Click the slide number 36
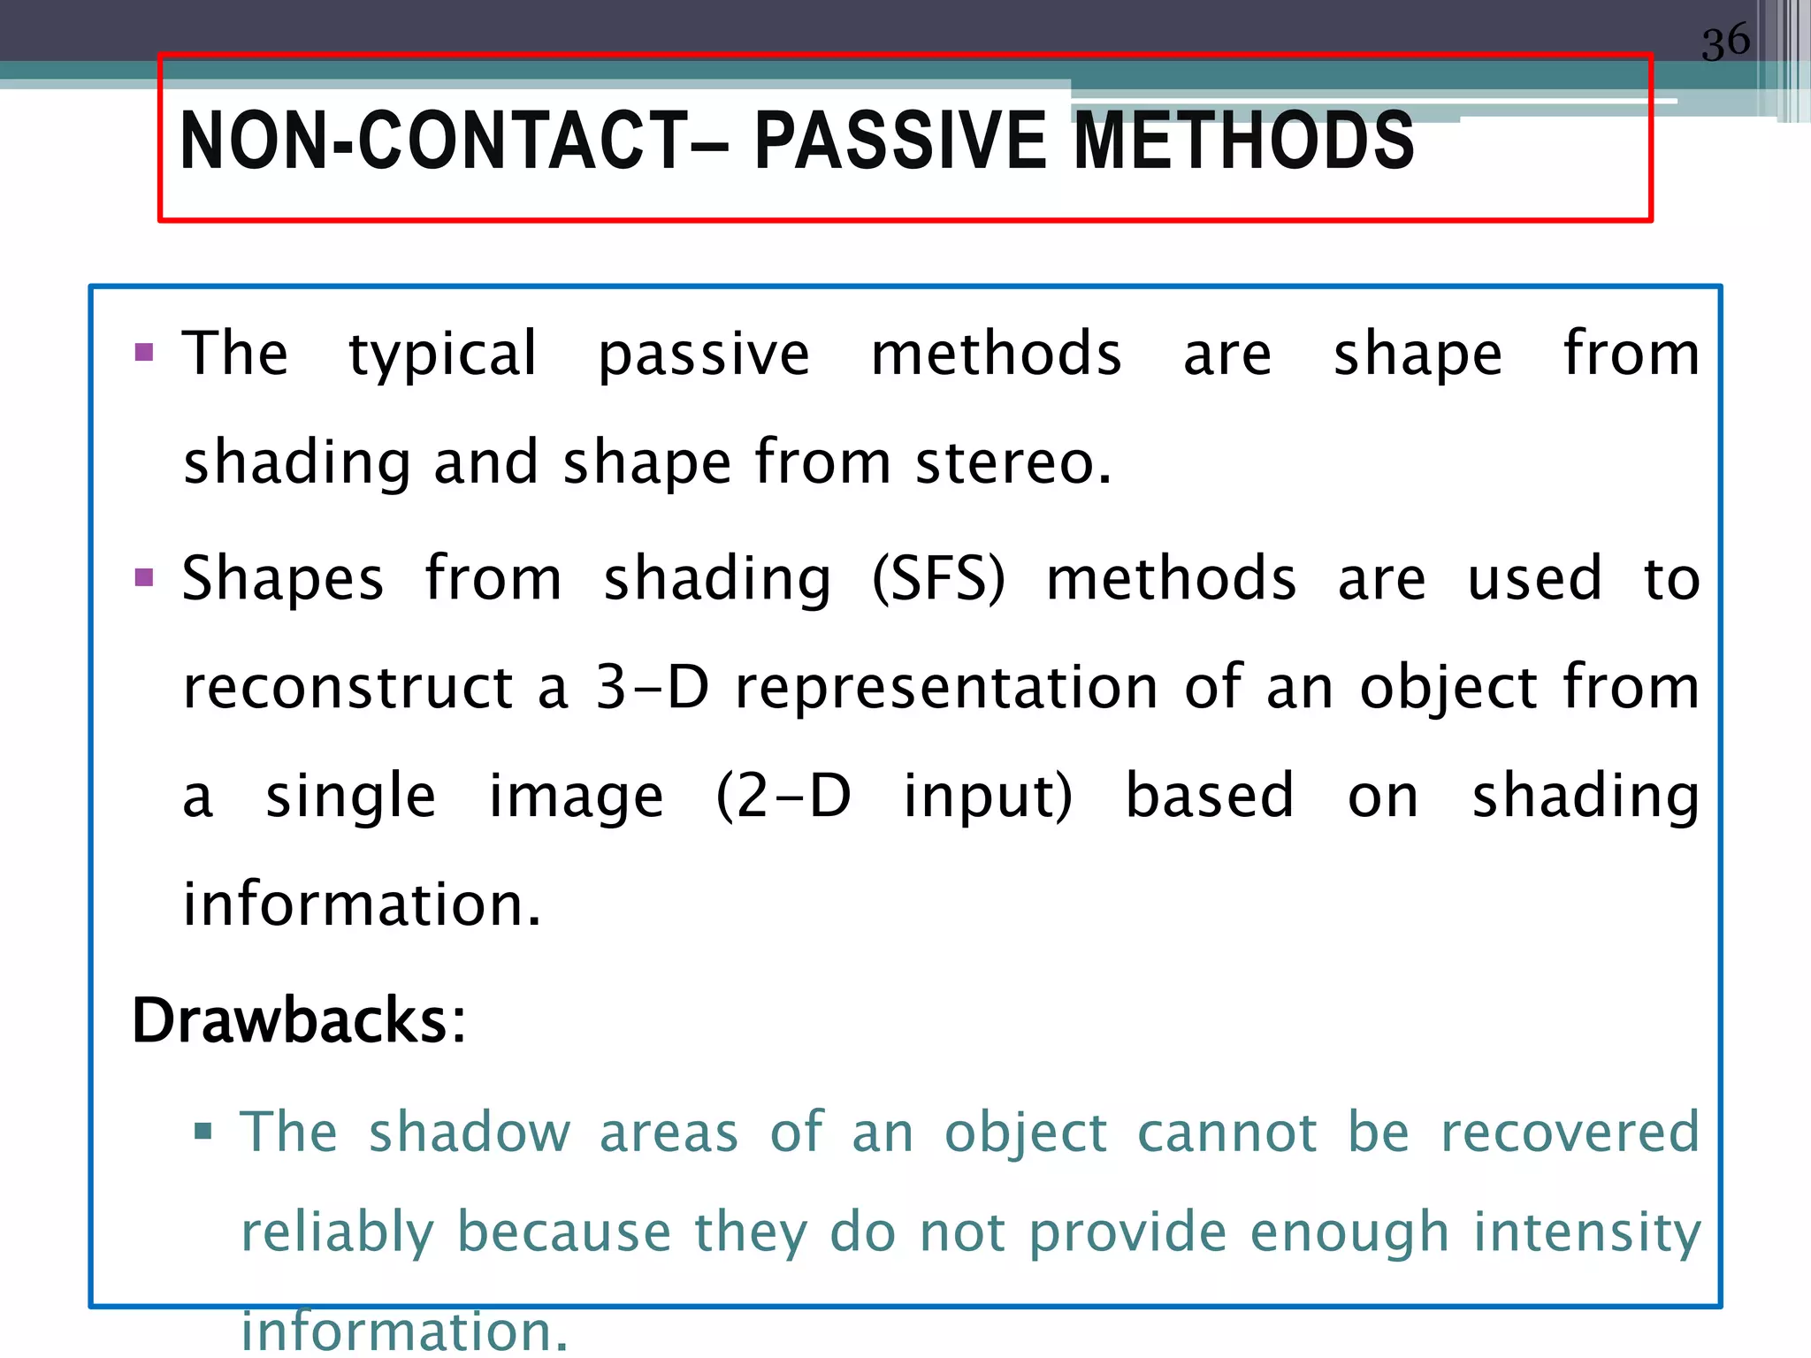[x=1725, y=42]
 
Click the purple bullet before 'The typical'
[x=144, y=354]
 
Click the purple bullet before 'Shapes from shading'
[x=144, y=578]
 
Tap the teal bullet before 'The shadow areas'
[x=203, y=1131]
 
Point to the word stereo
[x=1012, y=463]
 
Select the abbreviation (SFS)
[x=938, y=580]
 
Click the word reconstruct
[x=348, y=688]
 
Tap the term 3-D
[x=653, y=688]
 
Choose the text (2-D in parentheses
[x=783, y=796]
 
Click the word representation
[x=946, y=688]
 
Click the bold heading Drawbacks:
[x=299, y=1020]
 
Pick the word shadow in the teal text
[x=470, y=1133]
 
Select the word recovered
[x=1570, y=1133]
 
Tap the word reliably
[x=337, y=1232]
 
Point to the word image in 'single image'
[x=576, y=796]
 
